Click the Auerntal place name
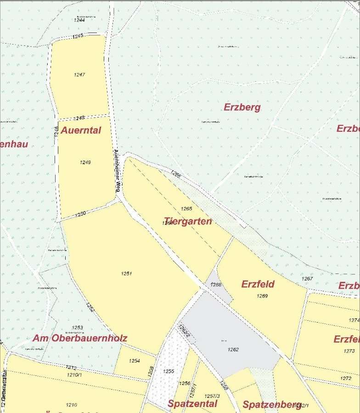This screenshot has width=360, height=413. (81, 130)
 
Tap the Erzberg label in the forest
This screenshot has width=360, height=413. (242, 107)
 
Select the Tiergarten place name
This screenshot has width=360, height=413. (188, 221)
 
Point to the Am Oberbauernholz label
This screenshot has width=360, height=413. (80, 338)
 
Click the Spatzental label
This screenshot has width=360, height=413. (192, 404)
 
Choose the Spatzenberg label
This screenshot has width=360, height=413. (271, 405)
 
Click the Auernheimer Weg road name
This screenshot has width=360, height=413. (117, 170)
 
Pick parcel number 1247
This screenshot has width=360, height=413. (79, 74)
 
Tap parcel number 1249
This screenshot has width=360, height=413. (85, 162)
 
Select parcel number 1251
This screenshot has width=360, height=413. (127, 273)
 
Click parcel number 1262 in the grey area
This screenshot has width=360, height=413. (233, 350)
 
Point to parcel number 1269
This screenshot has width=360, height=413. (262, 296)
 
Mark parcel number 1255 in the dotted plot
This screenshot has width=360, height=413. (169, 371)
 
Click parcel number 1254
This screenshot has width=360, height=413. (134, 361)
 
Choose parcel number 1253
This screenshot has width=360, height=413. (78, 327)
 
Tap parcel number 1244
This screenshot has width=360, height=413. (79, 20)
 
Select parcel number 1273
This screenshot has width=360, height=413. (349, 351)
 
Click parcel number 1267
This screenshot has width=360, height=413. (307, 279)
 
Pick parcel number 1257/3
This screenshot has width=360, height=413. (212, 396)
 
